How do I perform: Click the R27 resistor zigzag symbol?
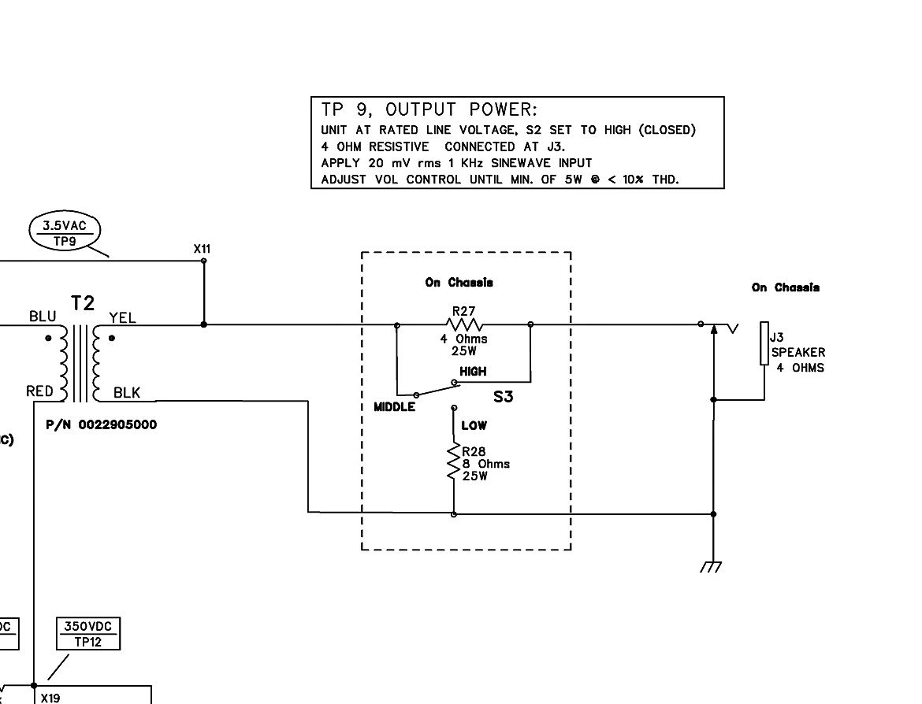463,324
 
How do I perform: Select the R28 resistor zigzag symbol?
454,461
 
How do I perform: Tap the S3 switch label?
503,397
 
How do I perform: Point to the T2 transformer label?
83,303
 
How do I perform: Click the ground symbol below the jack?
712,566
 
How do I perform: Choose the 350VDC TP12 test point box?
89,634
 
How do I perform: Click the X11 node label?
203,250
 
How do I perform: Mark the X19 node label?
50,697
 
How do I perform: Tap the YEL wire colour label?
122,318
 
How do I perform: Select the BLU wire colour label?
43,317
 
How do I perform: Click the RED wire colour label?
39,391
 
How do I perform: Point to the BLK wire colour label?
126,392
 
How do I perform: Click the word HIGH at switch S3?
473,372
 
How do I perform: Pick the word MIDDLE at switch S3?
394,407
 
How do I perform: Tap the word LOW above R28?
474,426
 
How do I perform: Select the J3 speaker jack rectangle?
764,343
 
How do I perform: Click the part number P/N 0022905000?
101,424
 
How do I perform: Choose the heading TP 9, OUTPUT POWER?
429,110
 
